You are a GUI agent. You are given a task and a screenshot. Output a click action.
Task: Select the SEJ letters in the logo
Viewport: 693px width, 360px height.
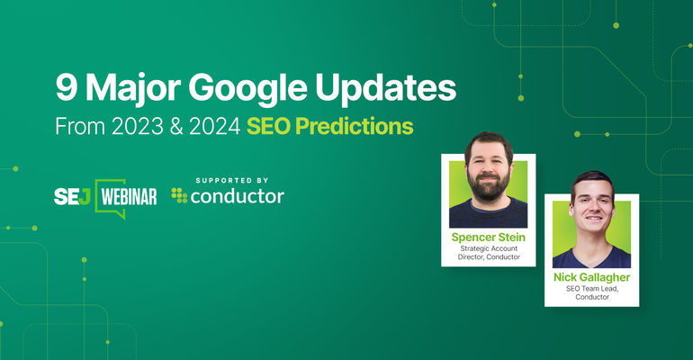[x=71, y=193]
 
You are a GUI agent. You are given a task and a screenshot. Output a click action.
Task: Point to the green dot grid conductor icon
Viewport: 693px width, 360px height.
[x=180, y=194]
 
